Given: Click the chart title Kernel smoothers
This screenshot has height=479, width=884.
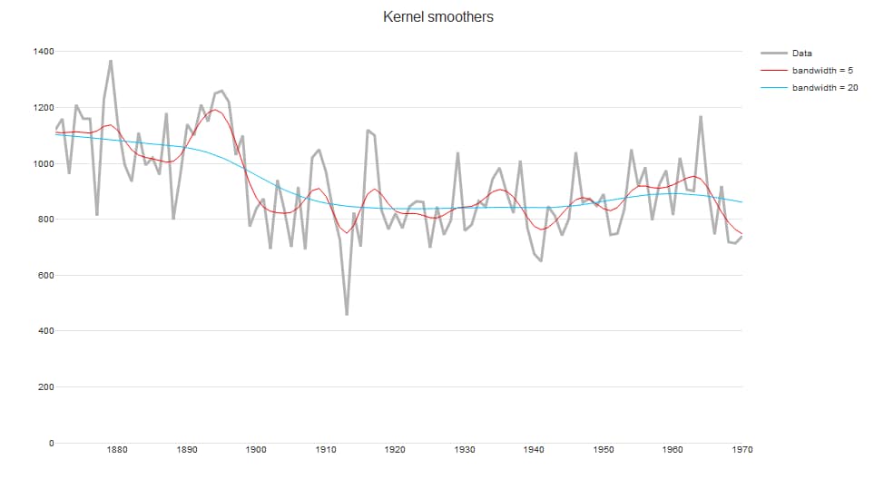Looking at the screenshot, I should (438, 17).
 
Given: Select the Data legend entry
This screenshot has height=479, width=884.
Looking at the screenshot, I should (801, 53).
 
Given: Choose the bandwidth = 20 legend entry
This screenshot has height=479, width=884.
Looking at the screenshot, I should (825, 88).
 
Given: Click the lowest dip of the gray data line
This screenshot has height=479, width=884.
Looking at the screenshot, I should (347, 315).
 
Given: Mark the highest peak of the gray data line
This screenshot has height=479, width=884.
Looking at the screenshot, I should (111, 62).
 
